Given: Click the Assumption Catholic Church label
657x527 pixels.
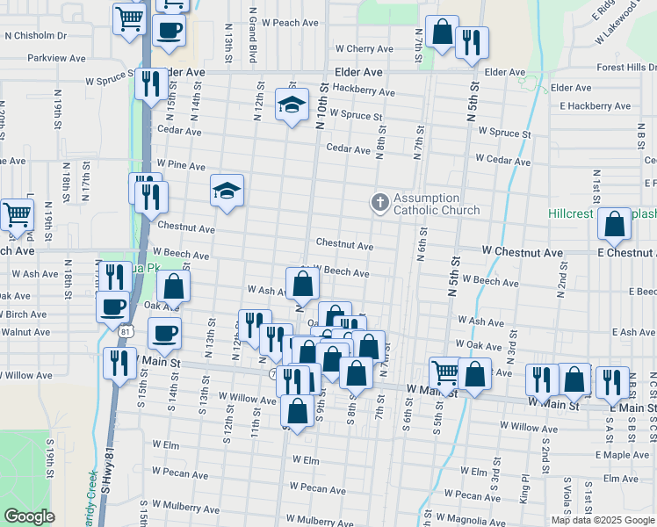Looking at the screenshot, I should [437, 204].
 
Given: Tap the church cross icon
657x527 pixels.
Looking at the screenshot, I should [380, 204].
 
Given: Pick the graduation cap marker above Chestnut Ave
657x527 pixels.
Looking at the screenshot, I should [227, 191].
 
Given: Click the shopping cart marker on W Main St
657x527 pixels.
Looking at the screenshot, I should [445, 372].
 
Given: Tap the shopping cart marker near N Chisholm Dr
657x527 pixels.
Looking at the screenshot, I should [129, 17].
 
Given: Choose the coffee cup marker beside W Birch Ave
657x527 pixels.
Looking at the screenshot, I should [112, 307].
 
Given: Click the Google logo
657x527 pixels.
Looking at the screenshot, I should [29, 516].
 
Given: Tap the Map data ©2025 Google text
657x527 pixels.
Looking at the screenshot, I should [603, 520].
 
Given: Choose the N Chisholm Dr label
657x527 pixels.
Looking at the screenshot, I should [35, 36].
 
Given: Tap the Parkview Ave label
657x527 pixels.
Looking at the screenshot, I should [55, 59].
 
